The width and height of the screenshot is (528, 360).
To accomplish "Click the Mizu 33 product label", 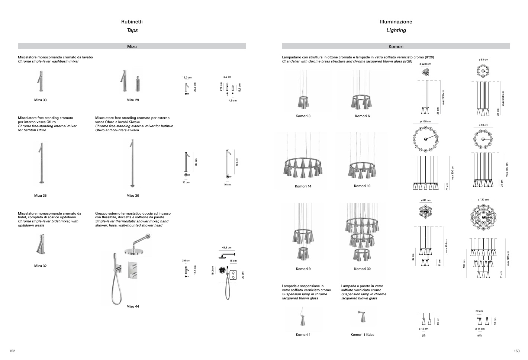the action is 40,100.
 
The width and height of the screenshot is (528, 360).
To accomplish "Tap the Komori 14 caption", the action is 303,186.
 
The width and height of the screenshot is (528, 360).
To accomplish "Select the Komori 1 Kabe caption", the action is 362,335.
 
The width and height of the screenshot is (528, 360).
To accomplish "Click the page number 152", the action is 12,351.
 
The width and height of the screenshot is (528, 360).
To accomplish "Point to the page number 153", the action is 517,351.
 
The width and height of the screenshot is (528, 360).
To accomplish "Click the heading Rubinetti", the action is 132,22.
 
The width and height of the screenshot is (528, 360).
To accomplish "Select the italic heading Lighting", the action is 396,30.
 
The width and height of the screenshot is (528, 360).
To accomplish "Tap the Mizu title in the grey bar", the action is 132,46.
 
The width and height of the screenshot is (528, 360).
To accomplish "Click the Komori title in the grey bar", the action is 396,46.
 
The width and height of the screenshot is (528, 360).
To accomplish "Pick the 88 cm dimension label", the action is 196,162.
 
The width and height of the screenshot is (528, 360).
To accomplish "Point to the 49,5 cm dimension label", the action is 227,248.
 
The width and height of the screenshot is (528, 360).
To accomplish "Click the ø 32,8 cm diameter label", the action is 425,64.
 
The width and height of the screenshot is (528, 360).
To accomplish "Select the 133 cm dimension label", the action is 464,264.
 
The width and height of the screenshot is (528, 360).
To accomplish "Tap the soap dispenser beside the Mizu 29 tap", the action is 138,84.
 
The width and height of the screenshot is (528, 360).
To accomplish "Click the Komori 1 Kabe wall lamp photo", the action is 362,316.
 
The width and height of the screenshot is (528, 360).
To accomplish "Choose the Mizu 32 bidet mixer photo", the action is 41,244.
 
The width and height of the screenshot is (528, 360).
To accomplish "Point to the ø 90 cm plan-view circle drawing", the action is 483,139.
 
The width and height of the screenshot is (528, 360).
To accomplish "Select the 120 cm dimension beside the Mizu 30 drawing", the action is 237,162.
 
